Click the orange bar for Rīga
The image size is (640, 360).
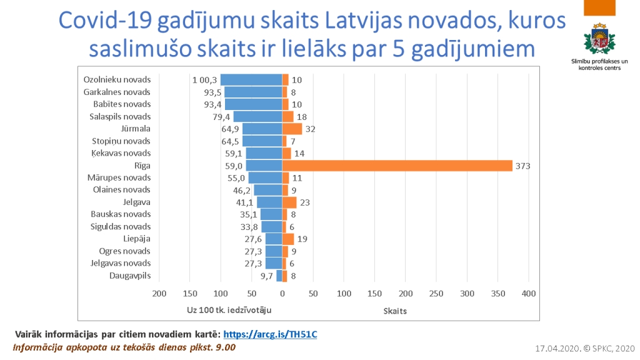(x=397, y=166)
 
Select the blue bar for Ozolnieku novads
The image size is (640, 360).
(x=251, y=80)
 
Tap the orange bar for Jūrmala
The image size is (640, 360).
(x=292, y=129)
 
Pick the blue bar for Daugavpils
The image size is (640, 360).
(x=279, y=276)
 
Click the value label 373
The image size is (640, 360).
(x=522, y=166)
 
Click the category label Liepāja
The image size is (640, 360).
(x=137, y=239)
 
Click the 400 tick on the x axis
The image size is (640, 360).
(x=529, y=294)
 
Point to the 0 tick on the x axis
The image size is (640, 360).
(x=282, y=294)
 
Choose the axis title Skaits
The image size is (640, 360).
(x=395, y=310)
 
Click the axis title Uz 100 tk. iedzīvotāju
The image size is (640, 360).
(x=229, y=309)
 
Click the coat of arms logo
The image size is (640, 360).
(x=596, y=39)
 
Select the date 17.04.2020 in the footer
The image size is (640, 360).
(x=558, y=347)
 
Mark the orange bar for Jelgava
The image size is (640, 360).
(x=289, y=202)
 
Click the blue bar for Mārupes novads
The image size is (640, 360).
(x=266, y=177)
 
